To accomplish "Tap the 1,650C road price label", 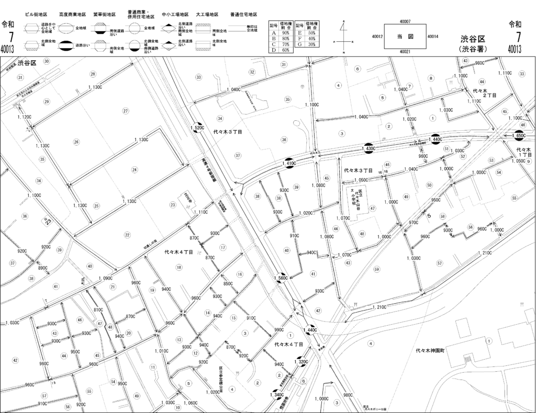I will (x=520, y=136).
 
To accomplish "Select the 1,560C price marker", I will (x=281, y=278).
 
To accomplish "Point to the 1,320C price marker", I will (x=301, y=362).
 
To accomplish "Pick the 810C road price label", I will (x=98, y=310).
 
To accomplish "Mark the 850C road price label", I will (x=228, y=284).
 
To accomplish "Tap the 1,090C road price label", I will (x=105, y=278).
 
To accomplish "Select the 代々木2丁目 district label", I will (x=484, y=92).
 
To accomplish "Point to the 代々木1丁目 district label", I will (x=523, y=153).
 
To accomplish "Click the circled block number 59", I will (x=376, y=269).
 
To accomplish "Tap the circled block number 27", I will (x=126, y=111).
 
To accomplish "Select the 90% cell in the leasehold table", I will (x=286, y=32).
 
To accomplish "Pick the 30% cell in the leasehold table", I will (x=311, y=44).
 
